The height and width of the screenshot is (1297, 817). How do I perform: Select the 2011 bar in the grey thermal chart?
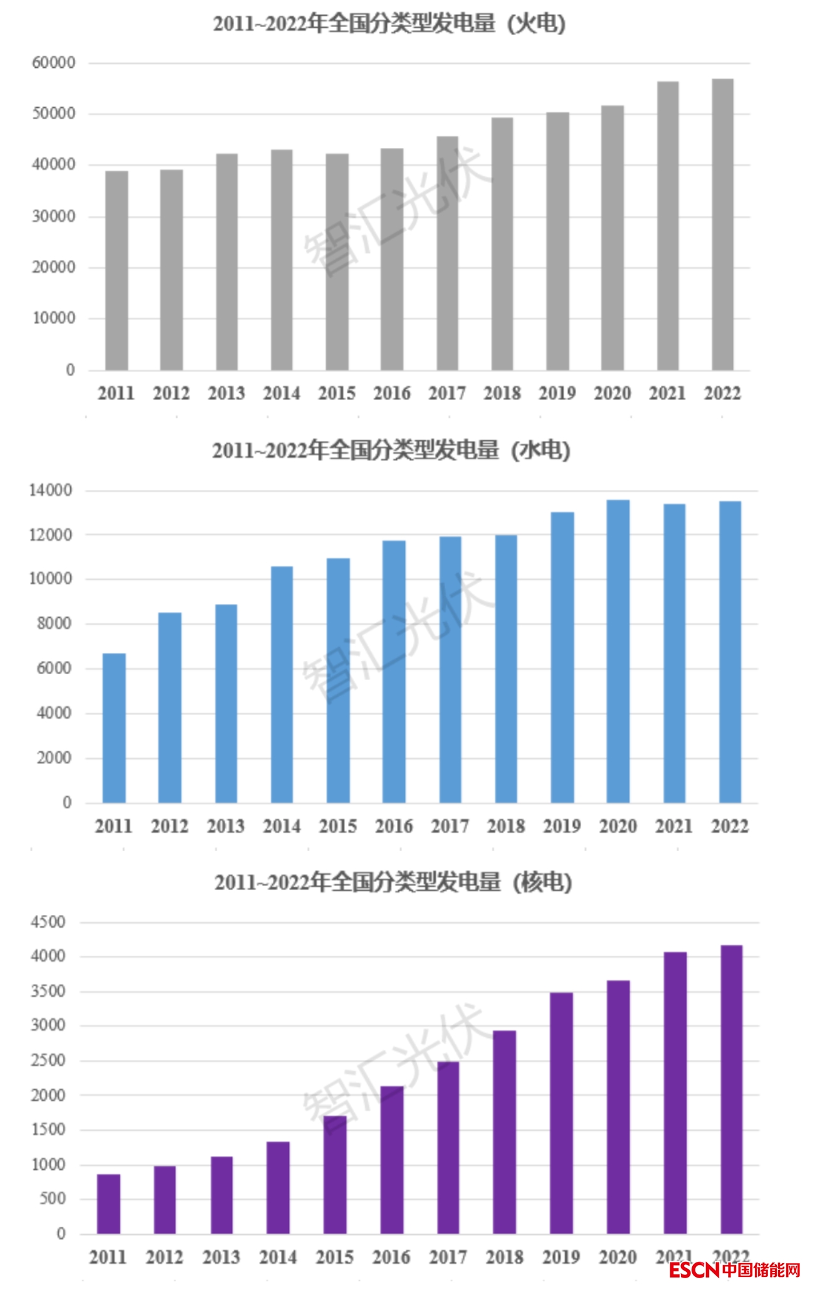point(117,270)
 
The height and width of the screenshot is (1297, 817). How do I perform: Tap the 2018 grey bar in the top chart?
point(502,244)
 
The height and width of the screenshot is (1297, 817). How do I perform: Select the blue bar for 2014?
point(282,684)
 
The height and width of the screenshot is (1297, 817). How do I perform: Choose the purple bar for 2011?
point(108,1204)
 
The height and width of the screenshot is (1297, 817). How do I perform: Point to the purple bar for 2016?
point(392,1160)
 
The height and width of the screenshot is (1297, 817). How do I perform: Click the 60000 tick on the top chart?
point(54,63)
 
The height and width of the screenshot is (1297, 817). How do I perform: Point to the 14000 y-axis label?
point(50,490)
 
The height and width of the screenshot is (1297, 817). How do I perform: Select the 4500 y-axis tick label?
point(48,923)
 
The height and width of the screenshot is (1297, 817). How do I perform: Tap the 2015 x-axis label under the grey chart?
point(337,393)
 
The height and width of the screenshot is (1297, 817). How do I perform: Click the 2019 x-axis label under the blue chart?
point(562,826)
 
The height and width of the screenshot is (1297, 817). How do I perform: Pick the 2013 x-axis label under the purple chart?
point(221,1257)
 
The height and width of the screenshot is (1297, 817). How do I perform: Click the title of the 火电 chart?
point(389,24)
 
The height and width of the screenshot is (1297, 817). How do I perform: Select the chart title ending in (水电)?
point(391,450)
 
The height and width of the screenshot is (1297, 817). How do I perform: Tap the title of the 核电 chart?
point(393,882)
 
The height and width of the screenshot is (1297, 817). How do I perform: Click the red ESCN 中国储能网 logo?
point(734,1283)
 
